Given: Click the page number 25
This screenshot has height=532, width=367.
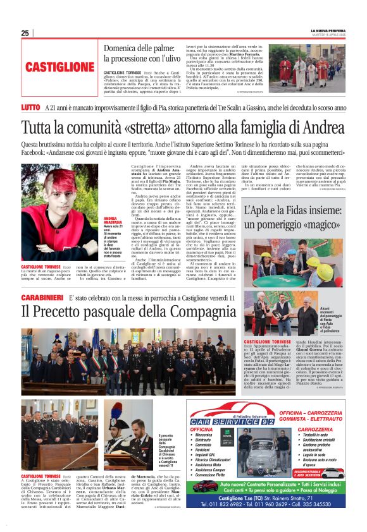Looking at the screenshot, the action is click(25, 33).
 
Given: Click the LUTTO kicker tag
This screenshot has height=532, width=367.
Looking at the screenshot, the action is click(31, 108).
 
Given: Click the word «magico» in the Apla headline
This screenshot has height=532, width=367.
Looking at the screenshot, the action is click(321, 225).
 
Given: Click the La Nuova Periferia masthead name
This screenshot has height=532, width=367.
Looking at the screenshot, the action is click(327, 30).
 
